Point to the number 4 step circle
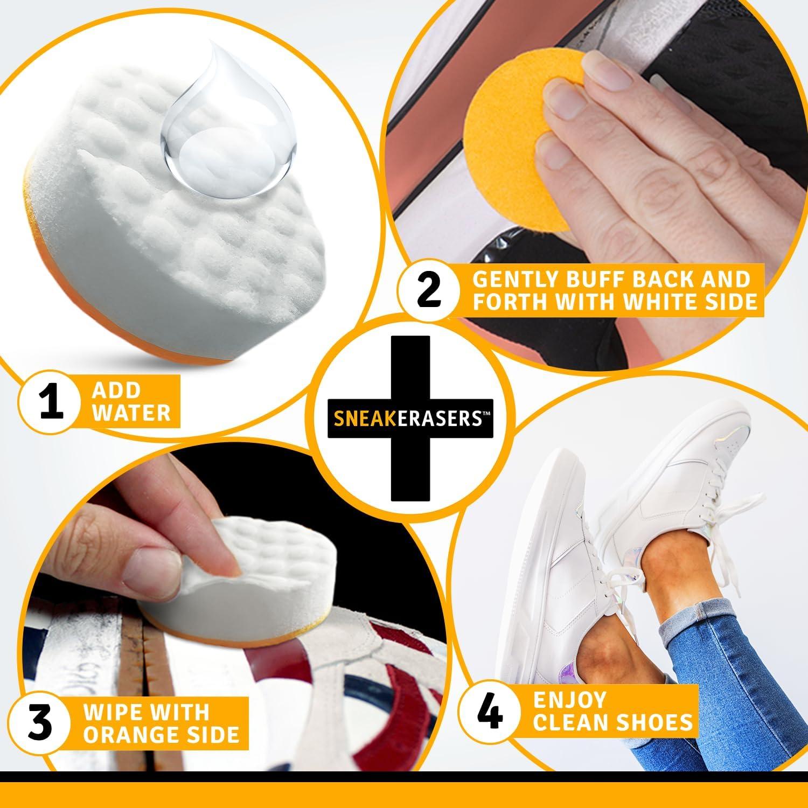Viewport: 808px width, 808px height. point(491,711)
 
